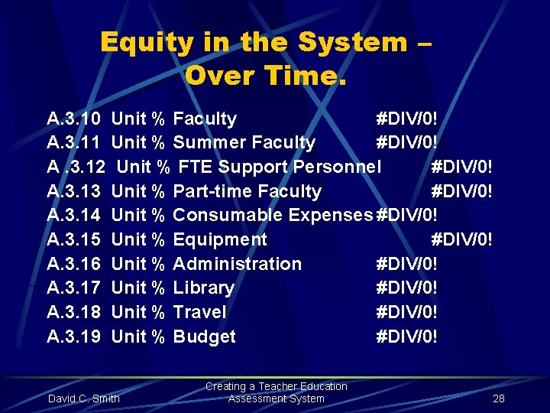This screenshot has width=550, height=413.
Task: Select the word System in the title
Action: [353, 43]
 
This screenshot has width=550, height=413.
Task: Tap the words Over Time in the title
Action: [266, 76]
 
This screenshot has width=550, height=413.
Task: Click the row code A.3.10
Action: [73, 119]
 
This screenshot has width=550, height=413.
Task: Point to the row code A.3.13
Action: [73, 191]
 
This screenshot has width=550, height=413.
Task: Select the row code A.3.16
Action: [73, 264]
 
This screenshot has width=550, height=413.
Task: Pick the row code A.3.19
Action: [73, 337]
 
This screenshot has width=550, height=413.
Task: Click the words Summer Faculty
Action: [244, 142]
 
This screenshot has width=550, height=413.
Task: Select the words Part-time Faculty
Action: [247, 191]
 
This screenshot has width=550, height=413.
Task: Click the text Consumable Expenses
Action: [273, 215]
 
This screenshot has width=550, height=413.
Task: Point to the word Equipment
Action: [220, 239]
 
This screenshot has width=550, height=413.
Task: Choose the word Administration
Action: [238, 264]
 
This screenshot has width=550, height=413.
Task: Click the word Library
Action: [203, 288]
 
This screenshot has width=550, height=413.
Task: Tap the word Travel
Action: [199, 312]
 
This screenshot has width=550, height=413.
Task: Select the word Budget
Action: [204, 337]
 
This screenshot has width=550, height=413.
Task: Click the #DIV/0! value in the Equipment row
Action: [462, 239]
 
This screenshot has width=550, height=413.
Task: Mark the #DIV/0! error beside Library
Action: [407, 288]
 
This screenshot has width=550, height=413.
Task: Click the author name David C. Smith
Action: [84, 398]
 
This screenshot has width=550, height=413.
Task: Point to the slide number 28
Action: [499, 398]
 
